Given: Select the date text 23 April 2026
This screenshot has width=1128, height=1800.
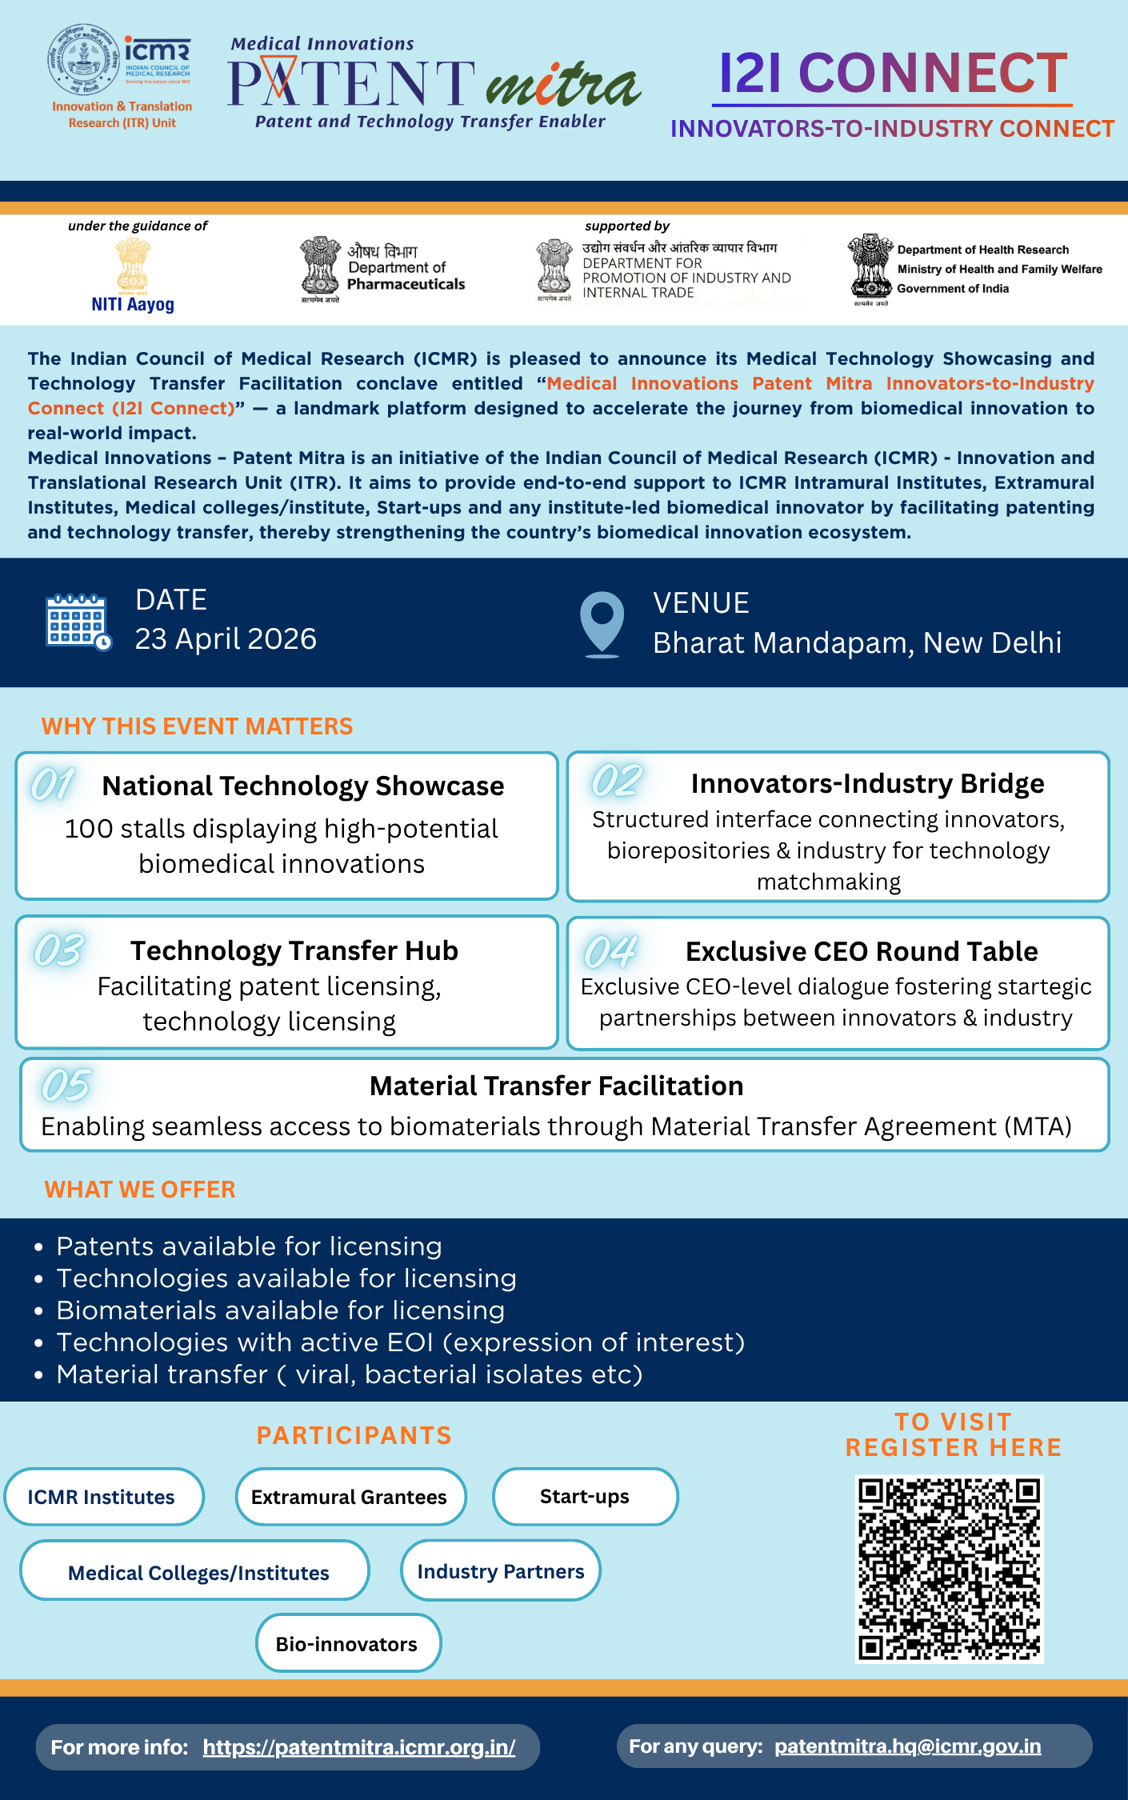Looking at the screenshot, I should [x=226, y=639].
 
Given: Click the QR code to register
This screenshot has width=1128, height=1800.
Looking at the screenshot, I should [x=949, y=1568].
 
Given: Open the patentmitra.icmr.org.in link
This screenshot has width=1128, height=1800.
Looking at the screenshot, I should [x=359, y=1747].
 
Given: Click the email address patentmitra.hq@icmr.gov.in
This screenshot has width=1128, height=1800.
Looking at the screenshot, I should [x=907, y=1746].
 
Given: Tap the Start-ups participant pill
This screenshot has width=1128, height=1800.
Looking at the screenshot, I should [x=585, y=1497].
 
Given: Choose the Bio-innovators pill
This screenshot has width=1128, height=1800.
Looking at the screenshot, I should [x=347, y=1644].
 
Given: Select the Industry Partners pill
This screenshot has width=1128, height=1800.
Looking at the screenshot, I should [x=501, y=1571].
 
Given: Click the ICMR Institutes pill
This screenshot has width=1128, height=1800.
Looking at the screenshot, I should [x=102, y=1497].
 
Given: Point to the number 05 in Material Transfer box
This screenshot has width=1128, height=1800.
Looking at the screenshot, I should [x=66, y=1086].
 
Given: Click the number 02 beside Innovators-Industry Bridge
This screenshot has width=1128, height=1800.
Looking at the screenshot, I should [x=616, y=781].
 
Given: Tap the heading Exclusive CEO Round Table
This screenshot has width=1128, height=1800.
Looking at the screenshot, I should [x=862, y=951].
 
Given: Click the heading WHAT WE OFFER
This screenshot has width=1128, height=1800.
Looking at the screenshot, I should [x=140, y=1190].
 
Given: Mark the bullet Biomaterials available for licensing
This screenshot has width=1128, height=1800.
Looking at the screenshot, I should [x=281, y=1310].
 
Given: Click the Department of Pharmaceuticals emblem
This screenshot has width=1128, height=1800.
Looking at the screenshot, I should [x=320, y=266].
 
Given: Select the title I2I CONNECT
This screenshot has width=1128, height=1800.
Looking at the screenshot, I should [x=893, y=73].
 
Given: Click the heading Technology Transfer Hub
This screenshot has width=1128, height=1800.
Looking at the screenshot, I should [x=294, y=950].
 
